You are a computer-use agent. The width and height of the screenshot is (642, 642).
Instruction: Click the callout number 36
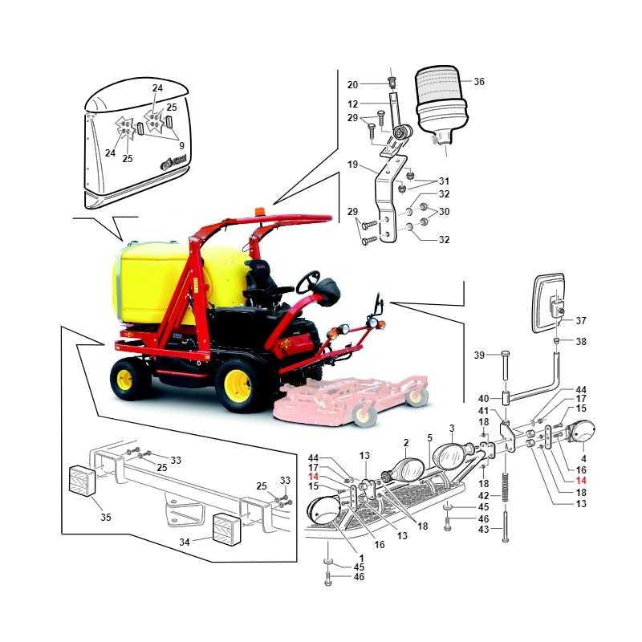coord(479,82)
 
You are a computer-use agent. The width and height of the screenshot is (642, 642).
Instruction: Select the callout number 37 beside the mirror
coord(580,320)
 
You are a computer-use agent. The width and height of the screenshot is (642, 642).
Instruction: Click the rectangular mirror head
coord(549,303)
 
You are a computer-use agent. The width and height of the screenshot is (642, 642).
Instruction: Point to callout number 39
coord(479,355)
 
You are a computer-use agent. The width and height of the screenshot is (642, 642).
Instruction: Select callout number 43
coord(484,530)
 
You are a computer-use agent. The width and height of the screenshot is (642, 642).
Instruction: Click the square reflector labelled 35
coord(82,481)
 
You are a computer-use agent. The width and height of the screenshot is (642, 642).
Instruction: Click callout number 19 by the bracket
coord(352,165)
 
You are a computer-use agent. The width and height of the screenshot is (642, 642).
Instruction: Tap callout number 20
coord(352,85)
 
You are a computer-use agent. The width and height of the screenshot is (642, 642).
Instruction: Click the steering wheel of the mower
coord(308,282)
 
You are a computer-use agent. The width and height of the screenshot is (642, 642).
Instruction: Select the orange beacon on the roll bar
coord(259,211)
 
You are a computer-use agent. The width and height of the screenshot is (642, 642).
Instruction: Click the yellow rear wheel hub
coord(124,380)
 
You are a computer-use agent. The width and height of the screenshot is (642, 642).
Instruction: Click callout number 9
coord(182,145)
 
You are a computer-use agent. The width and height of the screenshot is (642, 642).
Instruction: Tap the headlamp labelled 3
coord(449,457)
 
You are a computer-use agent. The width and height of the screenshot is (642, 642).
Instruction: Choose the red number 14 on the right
coord(581,481)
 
